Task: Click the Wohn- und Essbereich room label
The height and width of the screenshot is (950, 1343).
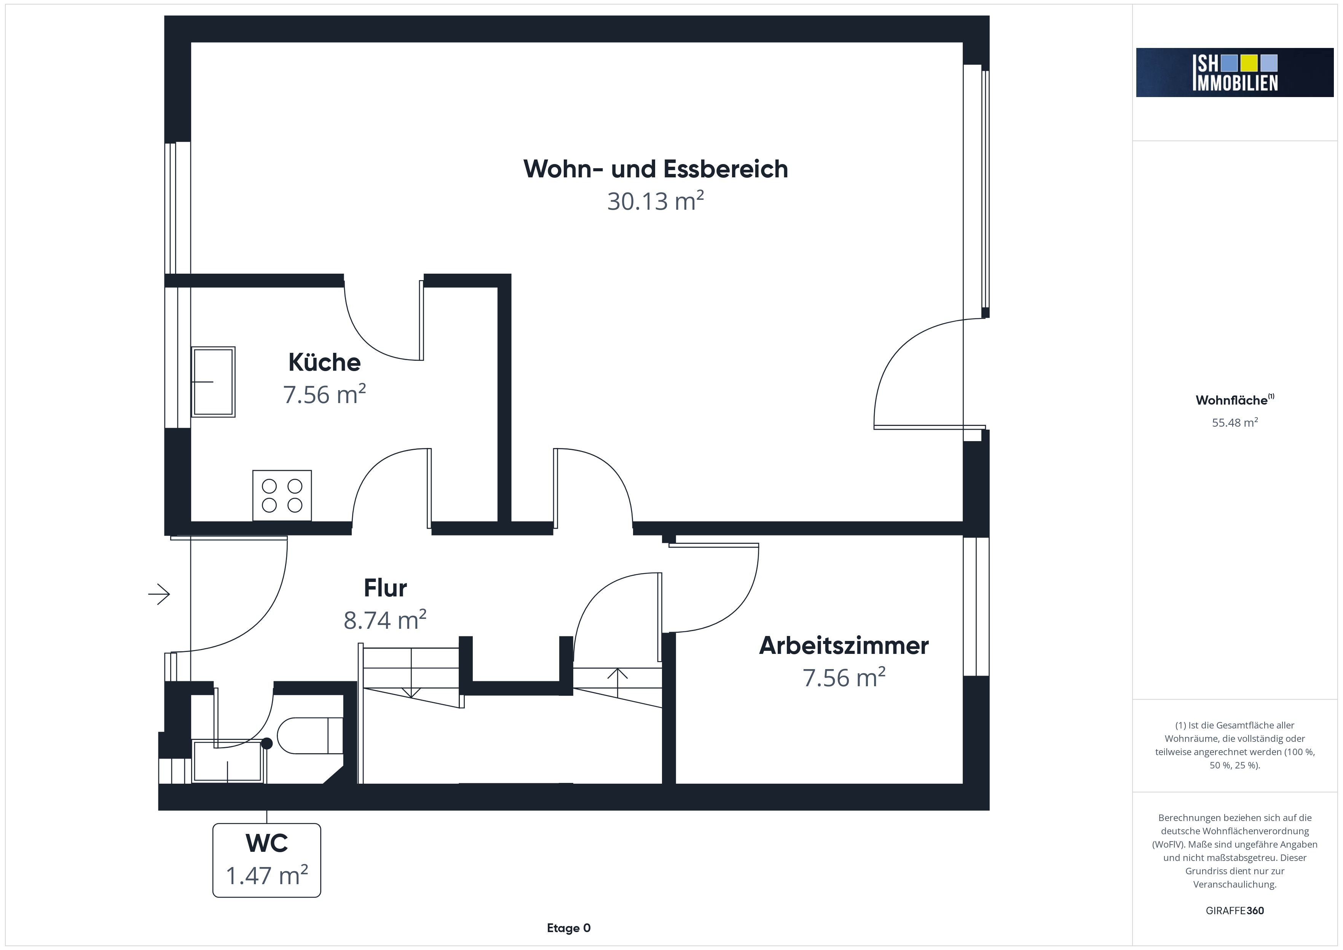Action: point(656,169)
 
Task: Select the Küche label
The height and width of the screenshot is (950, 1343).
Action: point(325,363)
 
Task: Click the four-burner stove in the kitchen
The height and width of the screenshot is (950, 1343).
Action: point(282,496)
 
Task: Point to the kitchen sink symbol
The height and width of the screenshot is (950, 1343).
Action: point(214,381)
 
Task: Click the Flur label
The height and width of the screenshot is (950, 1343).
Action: point(385,588)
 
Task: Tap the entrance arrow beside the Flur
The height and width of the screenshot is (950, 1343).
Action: point(159,595)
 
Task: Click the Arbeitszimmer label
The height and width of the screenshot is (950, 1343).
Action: point(844,646)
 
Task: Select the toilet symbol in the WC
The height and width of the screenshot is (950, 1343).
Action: point(310,735)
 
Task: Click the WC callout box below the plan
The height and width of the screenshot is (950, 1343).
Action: point(267,860)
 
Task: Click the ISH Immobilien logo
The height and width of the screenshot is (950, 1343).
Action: point(1235,73)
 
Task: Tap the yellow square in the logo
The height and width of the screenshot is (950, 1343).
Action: point(1249,62)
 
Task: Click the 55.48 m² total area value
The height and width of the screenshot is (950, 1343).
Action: point(1235,422)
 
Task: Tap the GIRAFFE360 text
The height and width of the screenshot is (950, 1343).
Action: point(1235,911)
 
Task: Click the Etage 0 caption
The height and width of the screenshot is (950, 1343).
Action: point(569,928)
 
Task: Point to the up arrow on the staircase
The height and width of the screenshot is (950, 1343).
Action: point(618,683)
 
